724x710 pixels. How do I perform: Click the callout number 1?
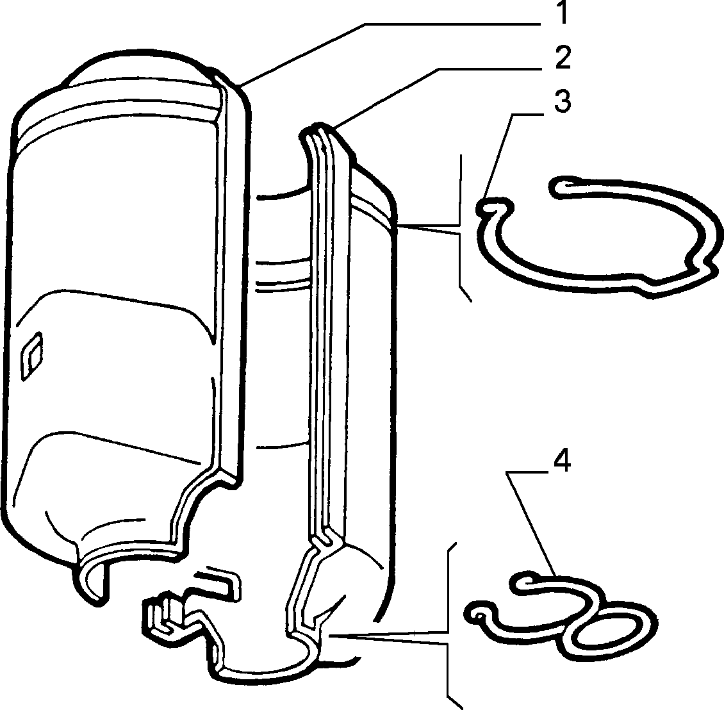pyautogui.click(x=561, y=13)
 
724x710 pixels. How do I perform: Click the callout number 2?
pyautogui.click(x=563, y=57)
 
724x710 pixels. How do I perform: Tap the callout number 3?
pyautogui.click(x=563, y=101)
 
